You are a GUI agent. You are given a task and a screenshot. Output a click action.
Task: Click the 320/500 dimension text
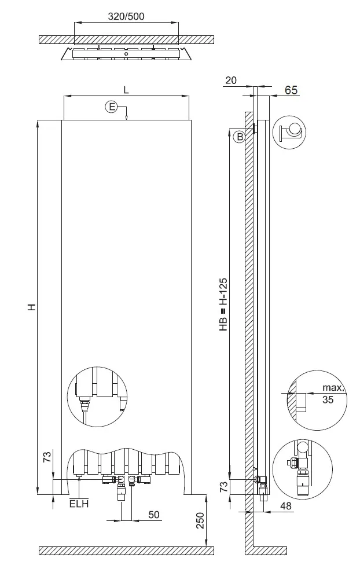tap(127, 17)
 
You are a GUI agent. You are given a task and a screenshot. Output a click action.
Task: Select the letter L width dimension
tap(126, 90)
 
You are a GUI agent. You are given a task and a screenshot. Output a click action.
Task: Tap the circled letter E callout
tap(111, 107)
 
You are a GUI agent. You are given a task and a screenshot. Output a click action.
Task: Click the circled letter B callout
tap(239, 137)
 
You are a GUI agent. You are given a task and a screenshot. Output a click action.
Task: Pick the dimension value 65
tap(291, 90)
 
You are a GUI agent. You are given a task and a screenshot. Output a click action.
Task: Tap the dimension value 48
tap(286, 506)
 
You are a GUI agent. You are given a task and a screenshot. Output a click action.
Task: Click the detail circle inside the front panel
tap(96, 397)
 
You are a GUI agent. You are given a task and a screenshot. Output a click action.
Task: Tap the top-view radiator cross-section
tap(126, 54)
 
